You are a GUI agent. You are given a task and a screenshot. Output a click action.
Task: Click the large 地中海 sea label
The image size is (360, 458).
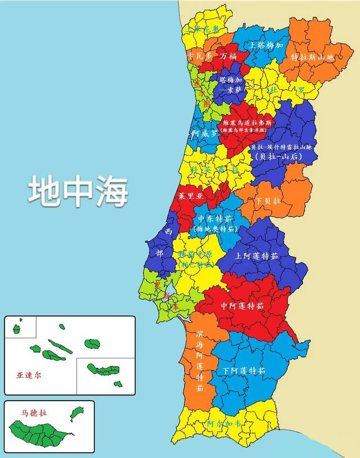pos(78,191)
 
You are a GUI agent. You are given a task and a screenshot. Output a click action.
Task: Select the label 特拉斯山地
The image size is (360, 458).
pos(312,57)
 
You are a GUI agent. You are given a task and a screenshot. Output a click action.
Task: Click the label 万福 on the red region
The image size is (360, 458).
pos(228,56)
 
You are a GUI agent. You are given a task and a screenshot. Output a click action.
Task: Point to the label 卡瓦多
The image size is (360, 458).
pos(200,56)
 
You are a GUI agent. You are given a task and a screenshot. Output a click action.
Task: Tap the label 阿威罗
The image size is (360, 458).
pos(205,134)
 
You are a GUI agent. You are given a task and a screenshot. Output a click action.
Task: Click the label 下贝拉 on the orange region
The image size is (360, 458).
pos(268,201)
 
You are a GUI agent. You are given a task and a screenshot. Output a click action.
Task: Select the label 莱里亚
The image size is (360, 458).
pos(190,197)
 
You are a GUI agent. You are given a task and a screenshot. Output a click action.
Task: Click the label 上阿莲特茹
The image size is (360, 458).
pos(256,255)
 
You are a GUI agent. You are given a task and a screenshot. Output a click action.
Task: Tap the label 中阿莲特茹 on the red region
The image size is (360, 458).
pos(242,306)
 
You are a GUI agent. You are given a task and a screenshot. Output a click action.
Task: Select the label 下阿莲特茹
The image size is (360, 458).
pos(244,371)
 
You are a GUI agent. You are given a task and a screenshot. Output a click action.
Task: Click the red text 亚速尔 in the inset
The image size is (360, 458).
pos(29,374)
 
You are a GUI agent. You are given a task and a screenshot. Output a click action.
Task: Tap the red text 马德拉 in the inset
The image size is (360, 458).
pos(35,412)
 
